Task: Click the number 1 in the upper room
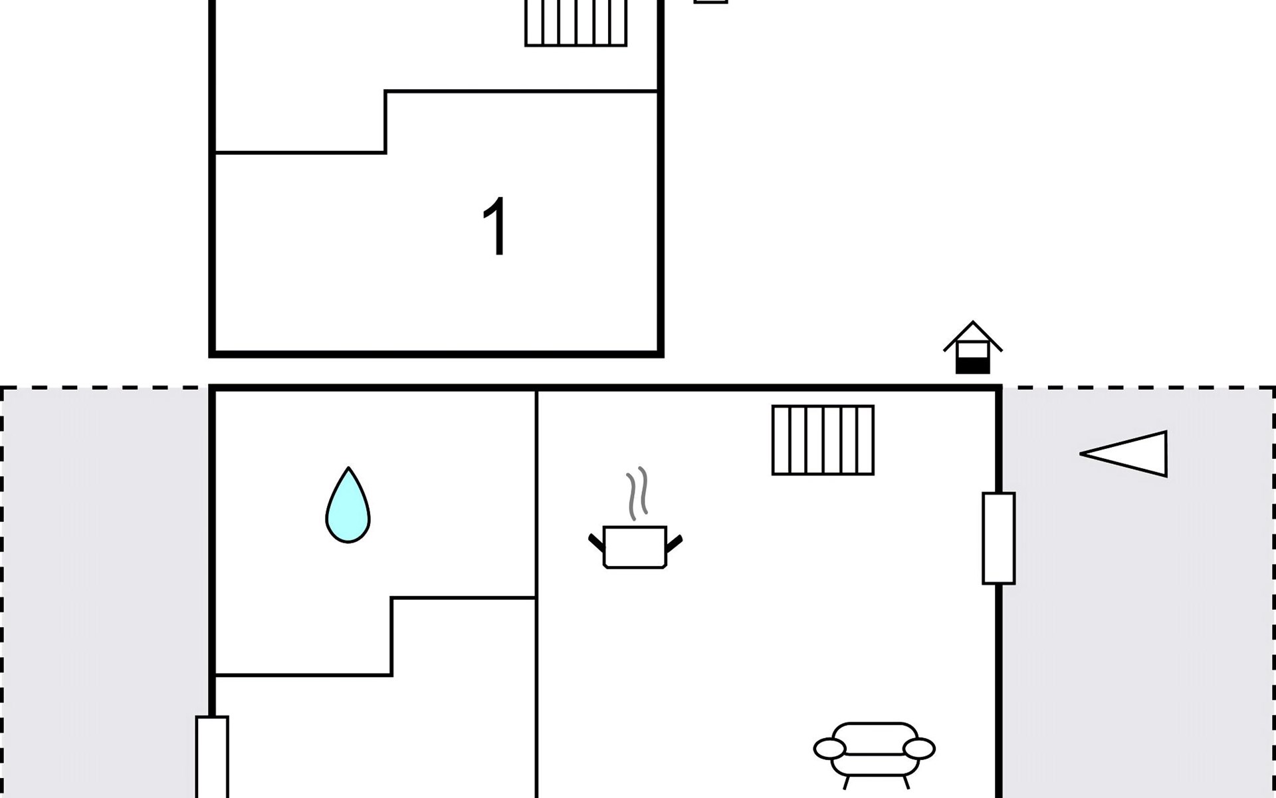496,227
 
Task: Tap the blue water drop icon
348,505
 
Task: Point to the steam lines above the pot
637,493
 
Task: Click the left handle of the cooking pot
597,543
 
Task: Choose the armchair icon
875,755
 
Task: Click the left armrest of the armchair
829,749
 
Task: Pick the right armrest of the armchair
920,749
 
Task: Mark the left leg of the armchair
847,783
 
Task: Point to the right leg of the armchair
904,783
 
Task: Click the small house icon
973,347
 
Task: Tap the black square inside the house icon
973,365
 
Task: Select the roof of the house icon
973,336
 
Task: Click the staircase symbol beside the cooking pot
823,440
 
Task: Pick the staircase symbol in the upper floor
576,23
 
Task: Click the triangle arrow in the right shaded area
1124,454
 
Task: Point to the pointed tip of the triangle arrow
1081,454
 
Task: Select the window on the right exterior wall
999,538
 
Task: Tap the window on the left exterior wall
212,757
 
